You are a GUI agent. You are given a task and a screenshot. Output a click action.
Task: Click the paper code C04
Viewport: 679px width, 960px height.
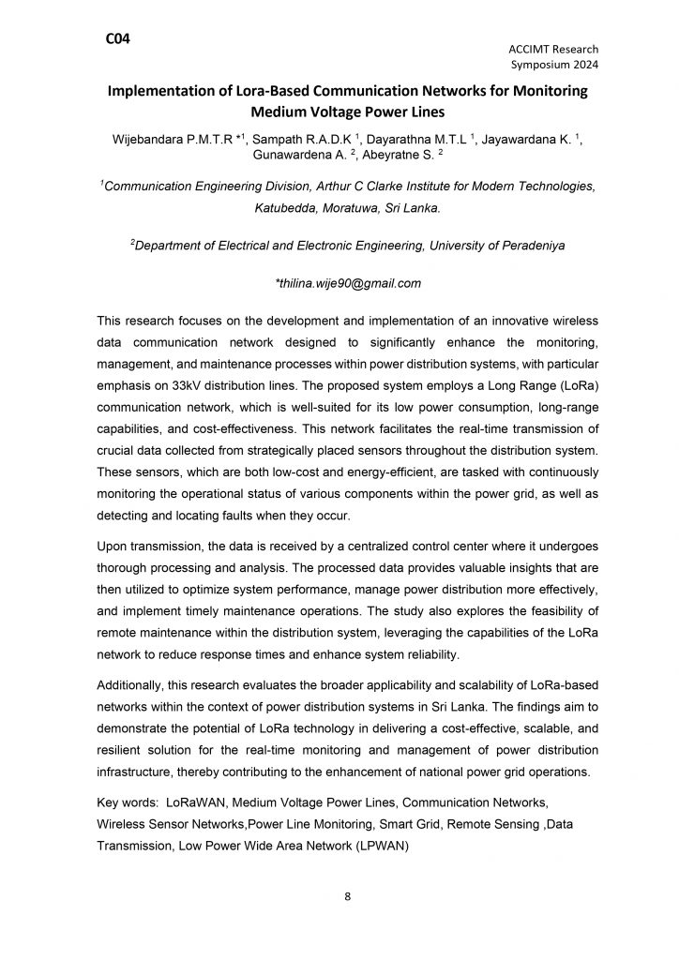point(118,38)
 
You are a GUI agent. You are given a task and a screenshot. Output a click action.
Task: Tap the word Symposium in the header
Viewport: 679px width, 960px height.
point(537,65)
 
